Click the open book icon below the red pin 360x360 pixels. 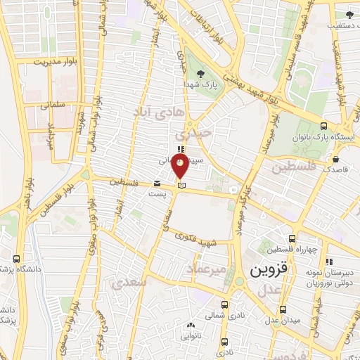tap(181, 186)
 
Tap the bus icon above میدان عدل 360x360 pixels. tap(283, 309)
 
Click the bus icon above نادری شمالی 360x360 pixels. tap(224, 305)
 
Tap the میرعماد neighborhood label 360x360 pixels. tap(207, 269)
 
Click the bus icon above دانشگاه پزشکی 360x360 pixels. tap(17, 259)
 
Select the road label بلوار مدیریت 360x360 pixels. tap(52, 62)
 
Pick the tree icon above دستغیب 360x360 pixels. tap(349, 14)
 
